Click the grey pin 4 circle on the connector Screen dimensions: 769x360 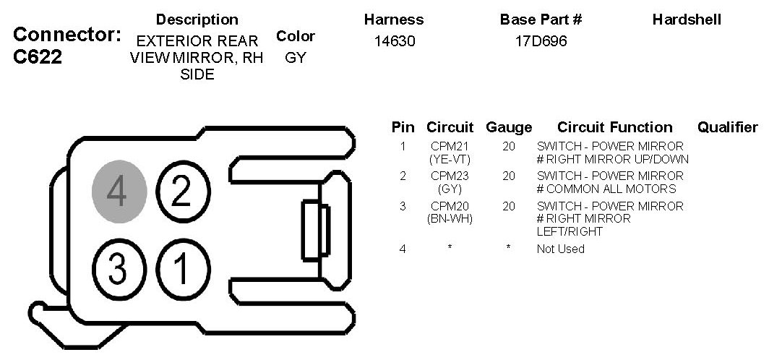click(119, 192)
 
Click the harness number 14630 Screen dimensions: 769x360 click(395, 41)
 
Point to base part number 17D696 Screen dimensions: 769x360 click(541, 41)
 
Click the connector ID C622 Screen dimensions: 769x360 click(38, 57)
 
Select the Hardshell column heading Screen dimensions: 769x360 click(687, 20)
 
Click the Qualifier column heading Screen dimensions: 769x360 click(727, 127)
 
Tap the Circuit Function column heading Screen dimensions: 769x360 click(614, 127)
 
